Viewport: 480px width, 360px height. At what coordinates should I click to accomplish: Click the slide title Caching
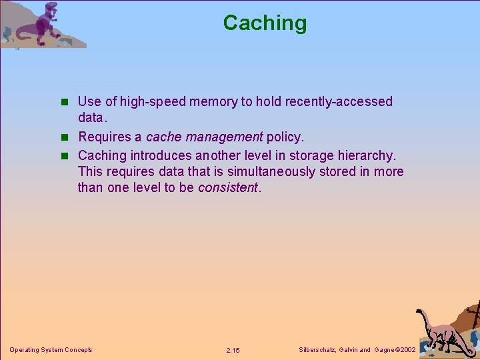[x=265, y=23]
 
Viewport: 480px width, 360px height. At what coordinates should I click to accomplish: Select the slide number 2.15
[x=233, y=350]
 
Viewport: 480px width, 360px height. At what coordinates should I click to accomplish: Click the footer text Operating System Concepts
[x=51, y=350]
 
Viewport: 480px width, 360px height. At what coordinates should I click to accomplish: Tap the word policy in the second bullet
[x=285, y=137]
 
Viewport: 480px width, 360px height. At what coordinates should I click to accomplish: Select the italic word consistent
[x=227, y=188]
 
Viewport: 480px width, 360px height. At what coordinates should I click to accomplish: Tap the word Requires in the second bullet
[x=103, y=137]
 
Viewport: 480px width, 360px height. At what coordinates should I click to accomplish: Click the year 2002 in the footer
[x=407, y=350]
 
